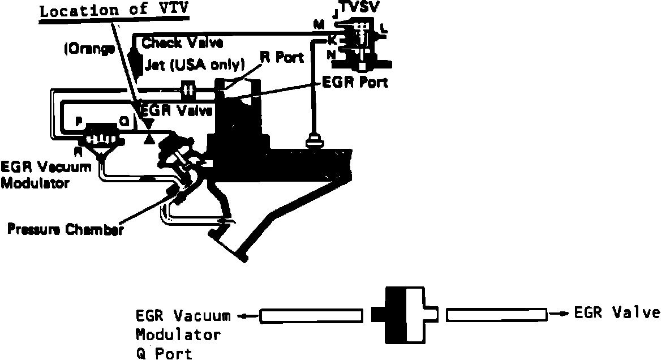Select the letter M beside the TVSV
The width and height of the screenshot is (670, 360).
pos(318,24)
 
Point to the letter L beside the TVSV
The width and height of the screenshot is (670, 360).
pos(385,27)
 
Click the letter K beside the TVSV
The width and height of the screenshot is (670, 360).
pos(333,41)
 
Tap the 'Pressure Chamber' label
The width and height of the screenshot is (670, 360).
pos(65,229)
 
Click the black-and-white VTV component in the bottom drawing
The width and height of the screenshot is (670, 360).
pos(404,315)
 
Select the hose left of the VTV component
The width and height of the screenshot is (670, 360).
pos(311,316)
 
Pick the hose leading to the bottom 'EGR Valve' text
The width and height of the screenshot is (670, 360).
pos(496,315)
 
